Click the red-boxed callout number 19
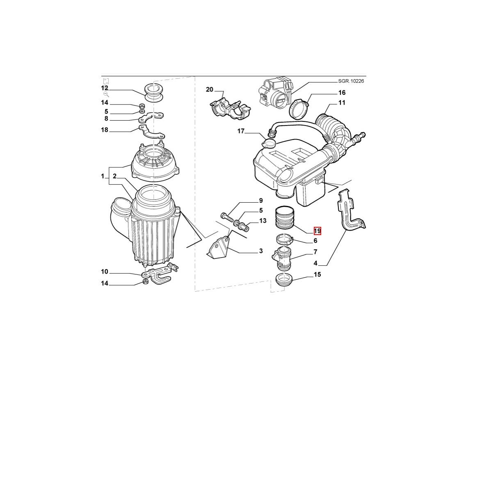[318, 231]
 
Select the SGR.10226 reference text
[351, 81]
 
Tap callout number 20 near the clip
[209, 89]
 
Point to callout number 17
[241, 131]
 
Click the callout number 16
[342, 93]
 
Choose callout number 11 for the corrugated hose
[342, 103]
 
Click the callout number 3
[261, 251]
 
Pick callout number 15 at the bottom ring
[318, 274]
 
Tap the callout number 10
[105, 272]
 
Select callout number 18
[105, 130]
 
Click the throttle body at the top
[276, 92]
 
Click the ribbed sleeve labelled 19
[285, 217]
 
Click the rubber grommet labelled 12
[154, 93]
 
